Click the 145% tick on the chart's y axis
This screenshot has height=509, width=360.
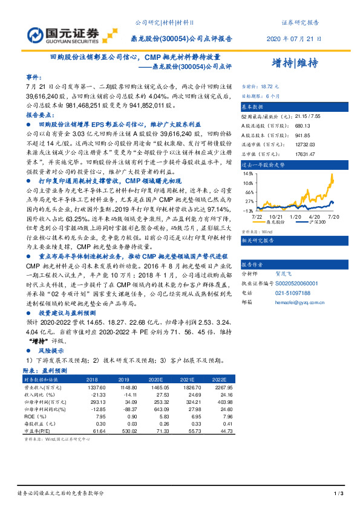coord(249,173)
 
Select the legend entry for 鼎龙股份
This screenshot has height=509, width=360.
coord(276,222)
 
